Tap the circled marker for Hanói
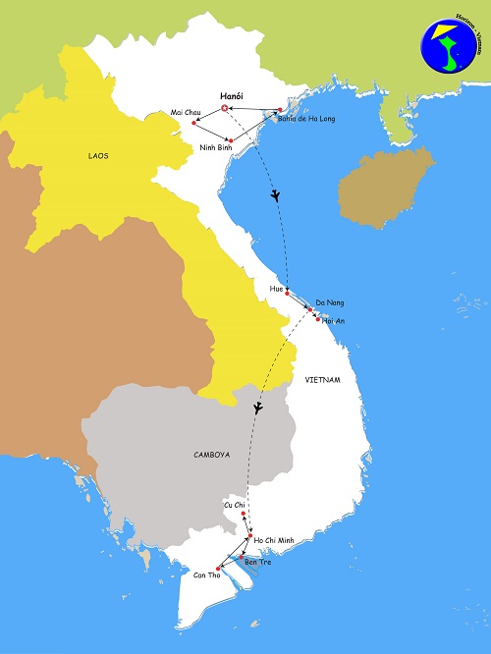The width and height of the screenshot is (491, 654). click(226, 107)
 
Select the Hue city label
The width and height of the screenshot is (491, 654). click(276, 290)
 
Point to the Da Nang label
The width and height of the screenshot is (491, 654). click(329, 301)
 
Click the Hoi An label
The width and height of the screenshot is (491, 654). click(334, 321)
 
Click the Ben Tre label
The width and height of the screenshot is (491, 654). click(257, 561)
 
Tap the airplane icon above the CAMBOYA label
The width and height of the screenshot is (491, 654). click(258, 408)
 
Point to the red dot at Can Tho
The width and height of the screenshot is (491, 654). click(218, 570)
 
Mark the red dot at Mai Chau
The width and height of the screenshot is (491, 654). click(195, 123)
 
